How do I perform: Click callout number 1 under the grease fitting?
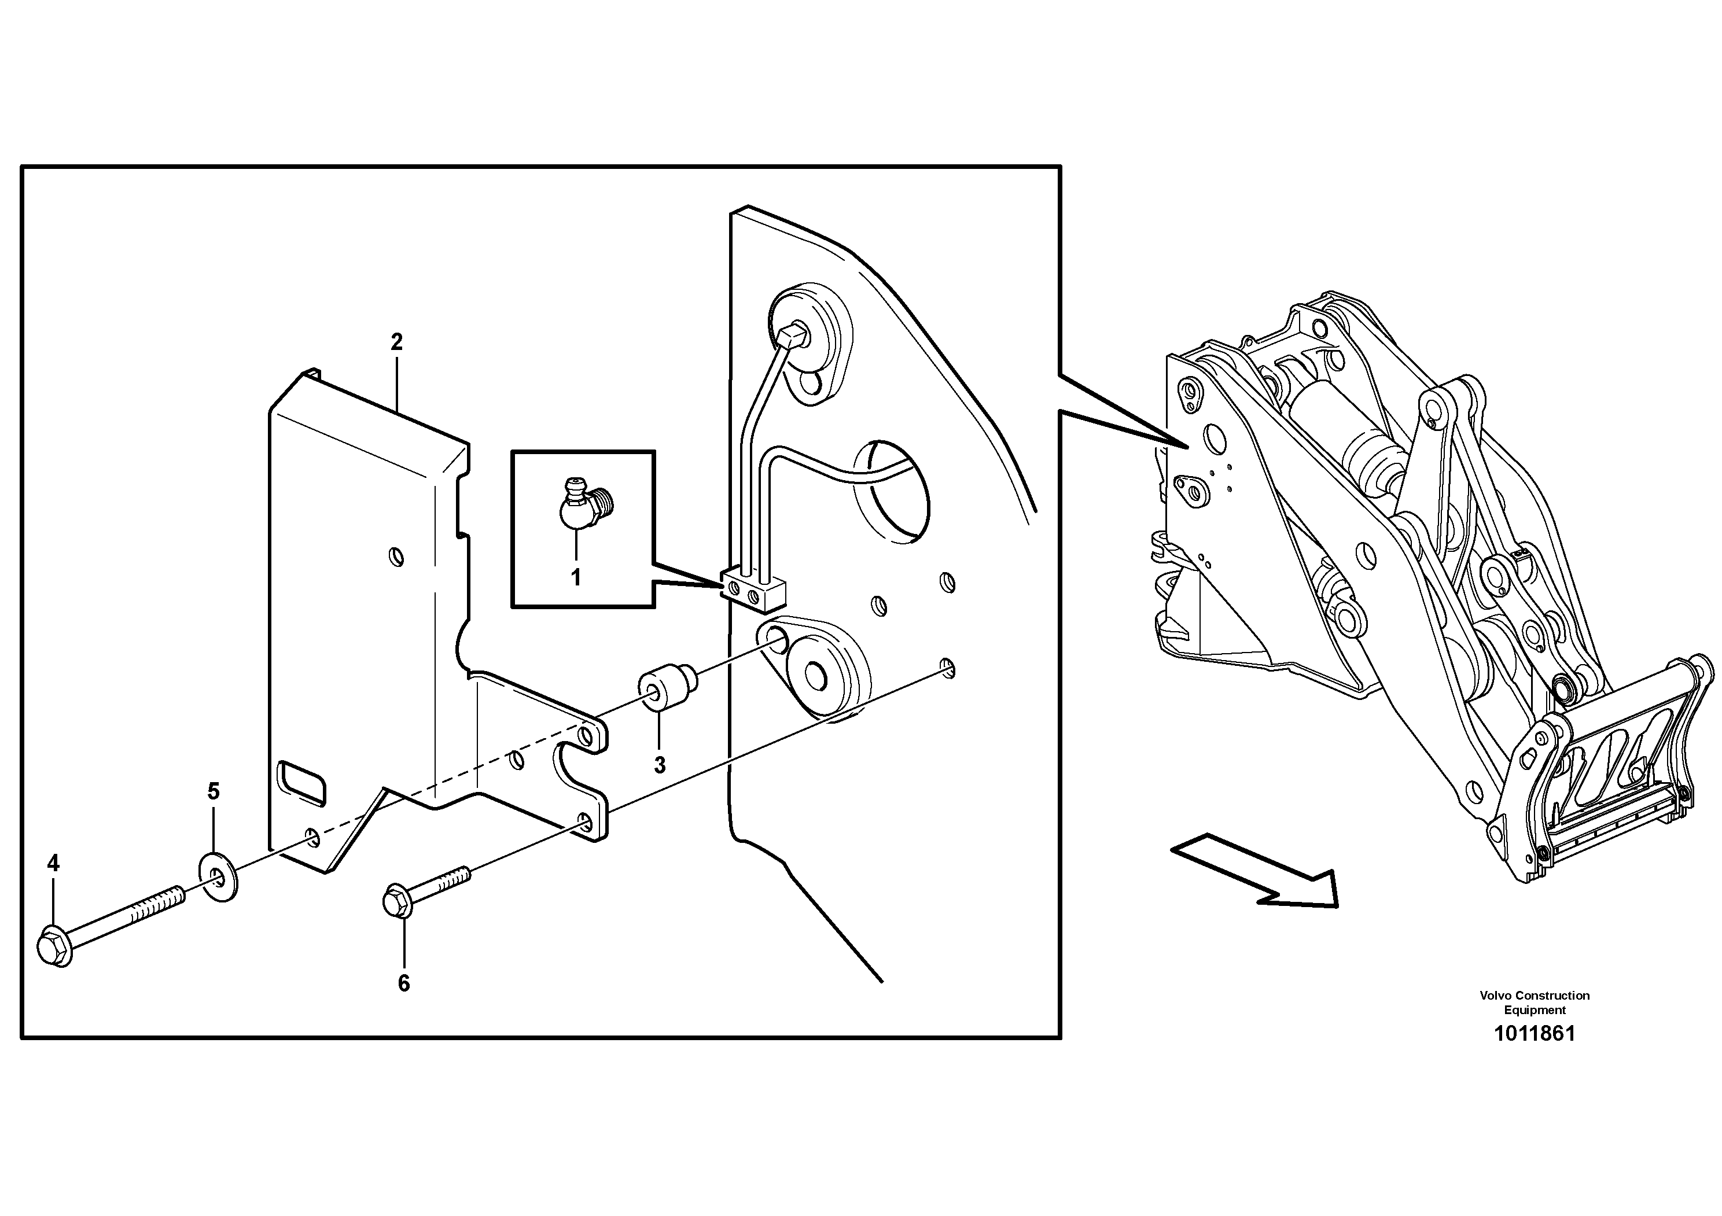(576, 578)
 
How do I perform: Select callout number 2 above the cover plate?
(397, 342)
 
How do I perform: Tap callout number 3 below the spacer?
(659, 765)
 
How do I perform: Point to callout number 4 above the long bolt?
(53, 863)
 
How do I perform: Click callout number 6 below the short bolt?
(403, 983)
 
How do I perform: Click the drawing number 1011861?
(1534, 1033)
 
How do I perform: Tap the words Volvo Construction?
(1534, 996)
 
